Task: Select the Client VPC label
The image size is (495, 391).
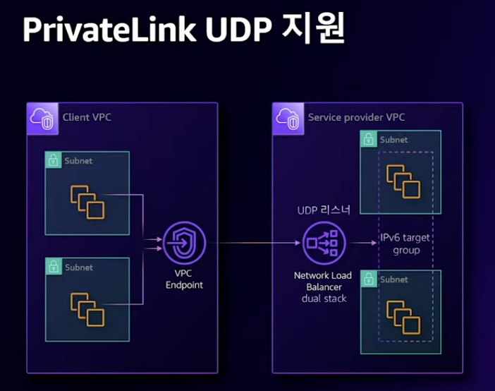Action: point(87,116)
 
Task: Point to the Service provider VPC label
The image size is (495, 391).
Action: point(357,116)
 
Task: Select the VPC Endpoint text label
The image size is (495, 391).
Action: point(183,279)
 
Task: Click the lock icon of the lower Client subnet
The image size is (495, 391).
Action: point(52,267)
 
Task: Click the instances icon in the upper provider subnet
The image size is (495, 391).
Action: point(402,181)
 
